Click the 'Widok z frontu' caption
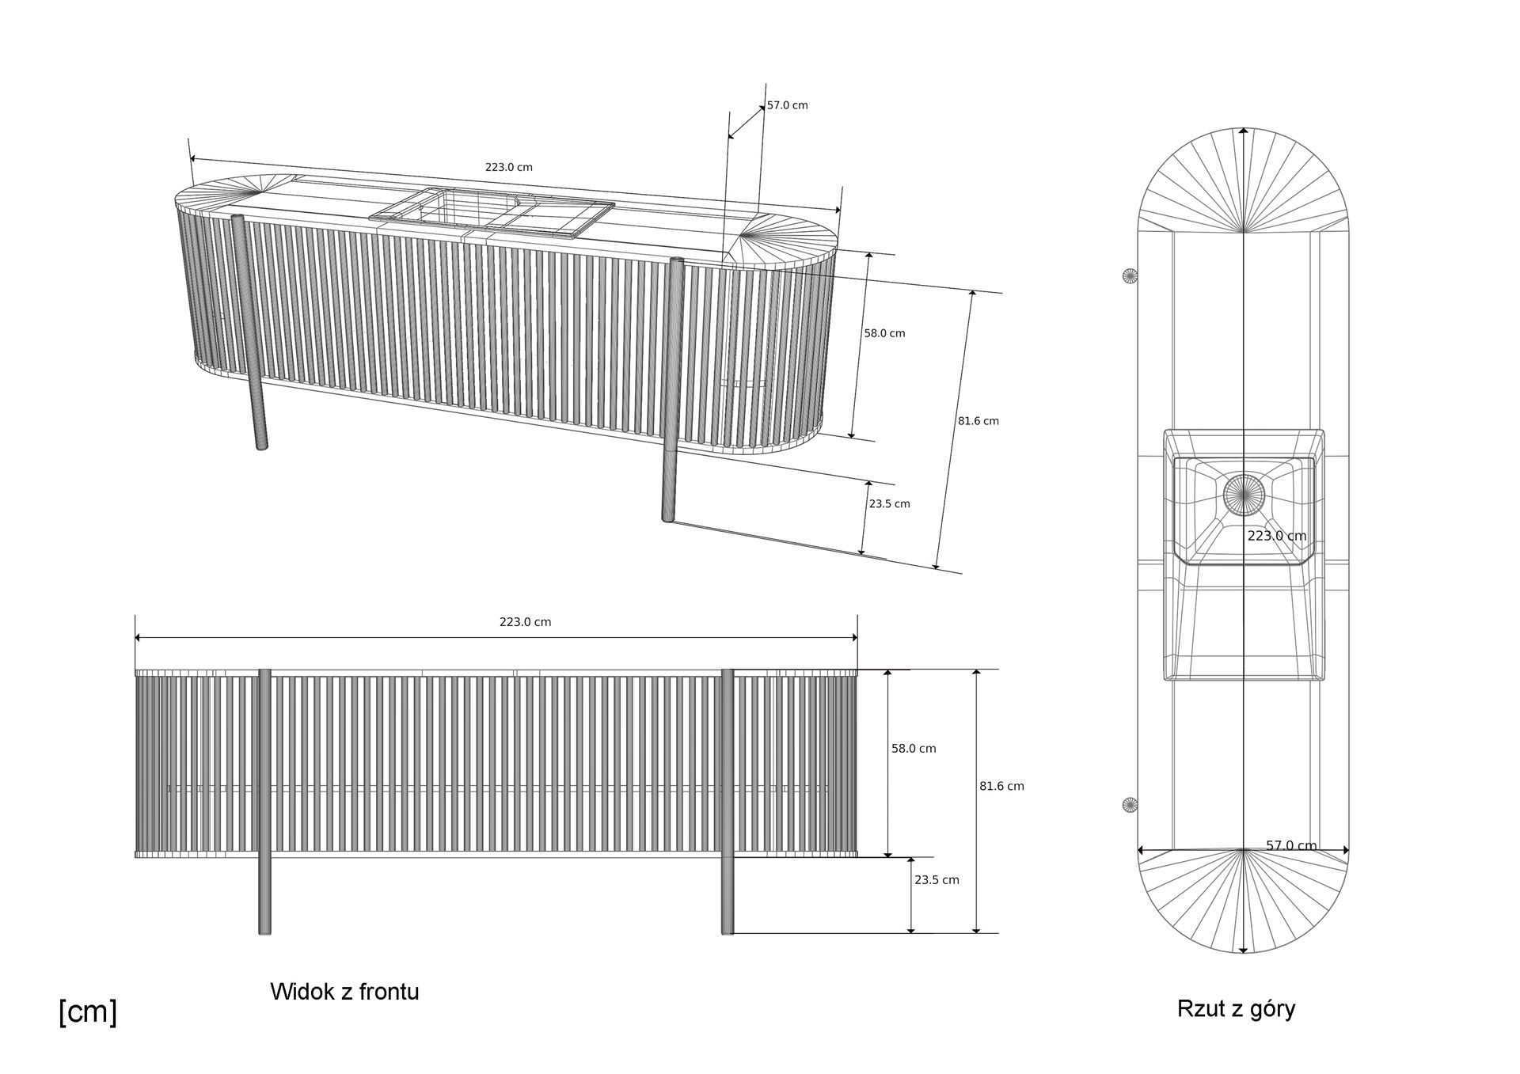click(x=344, y=992)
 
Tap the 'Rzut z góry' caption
click(x=1236, y=1008)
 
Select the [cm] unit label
click(x=88, y=1011)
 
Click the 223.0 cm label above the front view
click(x=525, y=622)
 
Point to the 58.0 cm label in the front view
click(x=914, y=748)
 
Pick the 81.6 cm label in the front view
click(x=1001, y=786)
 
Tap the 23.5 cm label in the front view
click(x=937, y=879)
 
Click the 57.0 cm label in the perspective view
click(x=787, y=105)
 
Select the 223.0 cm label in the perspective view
click(x=508, y=167)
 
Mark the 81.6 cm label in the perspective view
click(x=978, y=421)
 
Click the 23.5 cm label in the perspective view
click(x=889, y=503)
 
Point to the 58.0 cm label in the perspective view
click(x=884, y=333)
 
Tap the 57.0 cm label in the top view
click(x=1291, y=845)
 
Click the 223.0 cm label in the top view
click(x=1276, y=536)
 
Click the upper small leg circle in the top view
click(x=1130, y=275)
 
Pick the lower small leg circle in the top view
click(x=1130, y=806)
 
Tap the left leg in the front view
click(x=264, y=799)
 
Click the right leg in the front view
click(x=727, y=799)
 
